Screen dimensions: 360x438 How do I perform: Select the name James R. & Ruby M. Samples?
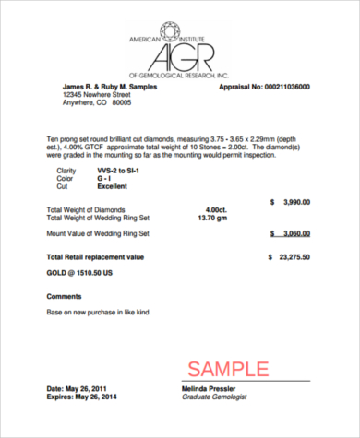pyautogui.click(x=110, y=86)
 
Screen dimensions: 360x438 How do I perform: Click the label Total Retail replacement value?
pyautogui.click(x=96, y=256)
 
